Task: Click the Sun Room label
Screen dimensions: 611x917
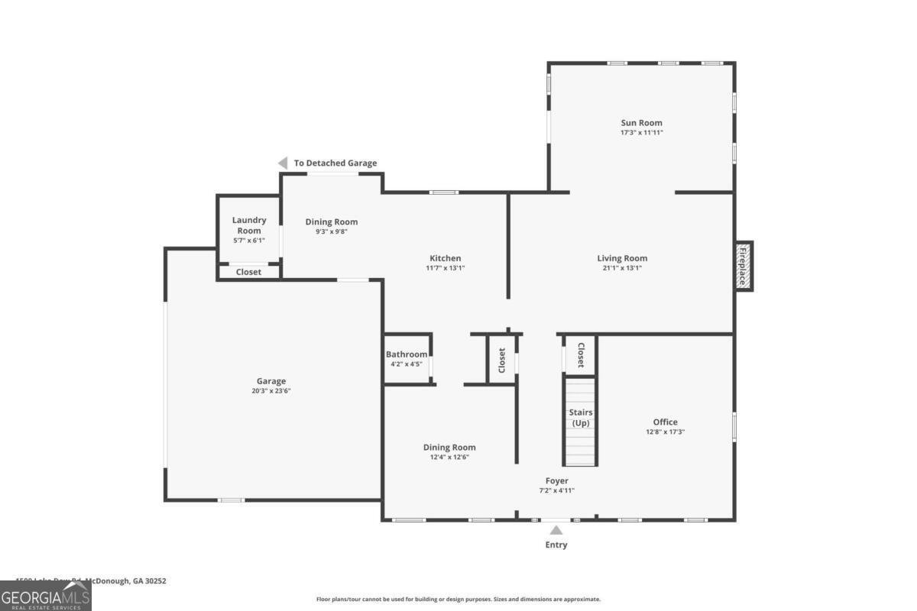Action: tap(641, 122)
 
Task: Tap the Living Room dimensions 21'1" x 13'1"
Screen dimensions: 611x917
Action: tap(622, 268)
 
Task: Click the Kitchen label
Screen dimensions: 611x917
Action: tap(444, 258)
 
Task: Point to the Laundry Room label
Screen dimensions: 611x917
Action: tap(249, 225)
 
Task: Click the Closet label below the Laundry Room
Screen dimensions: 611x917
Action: tap(248, 272)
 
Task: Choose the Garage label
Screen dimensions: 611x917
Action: tap(271, 381)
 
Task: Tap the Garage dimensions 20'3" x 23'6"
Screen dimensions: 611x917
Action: tap(271, 391)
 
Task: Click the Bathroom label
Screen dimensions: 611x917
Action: tap(407, 354)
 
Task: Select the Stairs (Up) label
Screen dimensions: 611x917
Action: tap(581, 418)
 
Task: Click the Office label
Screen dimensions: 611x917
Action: tap(665, 422)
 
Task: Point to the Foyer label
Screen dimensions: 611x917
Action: tap(556, 480)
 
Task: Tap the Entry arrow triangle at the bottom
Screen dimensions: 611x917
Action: tap(556, 530)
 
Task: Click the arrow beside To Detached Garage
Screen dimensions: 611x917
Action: tap(282, 163)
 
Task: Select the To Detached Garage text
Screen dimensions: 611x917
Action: tap(335, 163)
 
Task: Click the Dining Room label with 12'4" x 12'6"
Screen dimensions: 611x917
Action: tap(449, 448)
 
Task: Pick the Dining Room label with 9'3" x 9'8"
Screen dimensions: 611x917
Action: tap(332, 222)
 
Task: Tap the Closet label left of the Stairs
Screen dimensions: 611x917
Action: tap(502, 360)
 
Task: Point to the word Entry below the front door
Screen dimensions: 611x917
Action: tap(556, 545)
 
